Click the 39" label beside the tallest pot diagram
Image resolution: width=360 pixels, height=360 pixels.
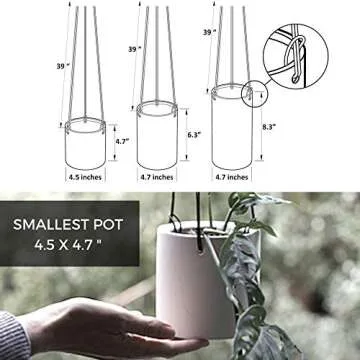[209, 32]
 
